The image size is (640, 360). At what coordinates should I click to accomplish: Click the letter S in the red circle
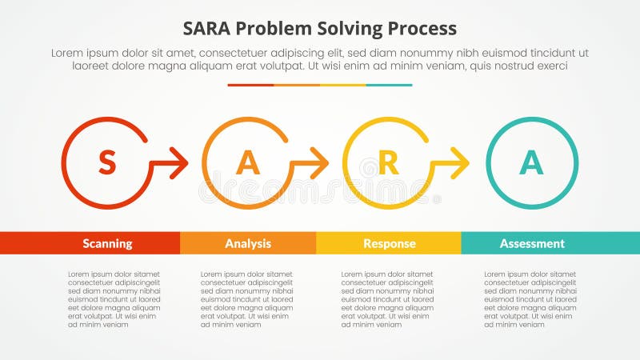[106, 163]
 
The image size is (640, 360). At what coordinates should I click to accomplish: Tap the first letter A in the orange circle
[248, 163]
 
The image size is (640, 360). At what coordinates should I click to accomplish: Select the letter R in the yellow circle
[388, 163]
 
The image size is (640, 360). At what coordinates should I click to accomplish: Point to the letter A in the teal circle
[531, 163]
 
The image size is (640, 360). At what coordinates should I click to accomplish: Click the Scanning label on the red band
[107, 243]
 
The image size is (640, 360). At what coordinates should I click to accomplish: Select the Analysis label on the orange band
[248, 243]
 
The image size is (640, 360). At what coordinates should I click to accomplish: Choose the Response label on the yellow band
[389, 243]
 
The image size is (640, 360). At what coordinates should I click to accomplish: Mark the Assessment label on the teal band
[532, 243]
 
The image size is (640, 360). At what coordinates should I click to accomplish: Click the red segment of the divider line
[250, 85]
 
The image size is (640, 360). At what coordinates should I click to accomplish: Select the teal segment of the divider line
[390, 85]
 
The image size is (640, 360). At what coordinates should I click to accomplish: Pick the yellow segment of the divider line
[343, 85]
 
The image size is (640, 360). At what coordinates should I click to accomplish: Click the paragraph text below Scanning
[114, 299]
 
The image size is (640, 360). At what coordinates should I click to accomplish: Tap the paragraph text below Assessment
[530, 299]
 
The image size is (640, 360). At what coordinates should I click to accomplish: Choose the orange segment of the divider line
[297, 85]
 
